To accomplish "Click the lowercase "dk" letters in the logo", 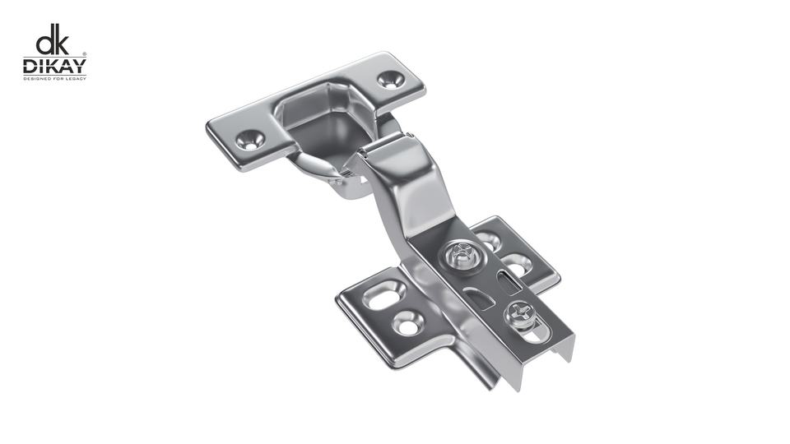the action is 52,39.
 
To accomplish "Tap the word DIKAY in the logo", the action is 54,66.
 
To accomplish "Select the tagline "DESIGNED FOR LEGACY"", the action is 54,79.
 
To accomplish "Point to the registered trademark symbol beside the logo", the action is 84,53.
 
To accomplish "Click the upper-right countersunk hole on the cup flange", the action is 390,80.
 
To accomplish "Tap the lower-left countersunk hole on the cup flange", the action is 250,140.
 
